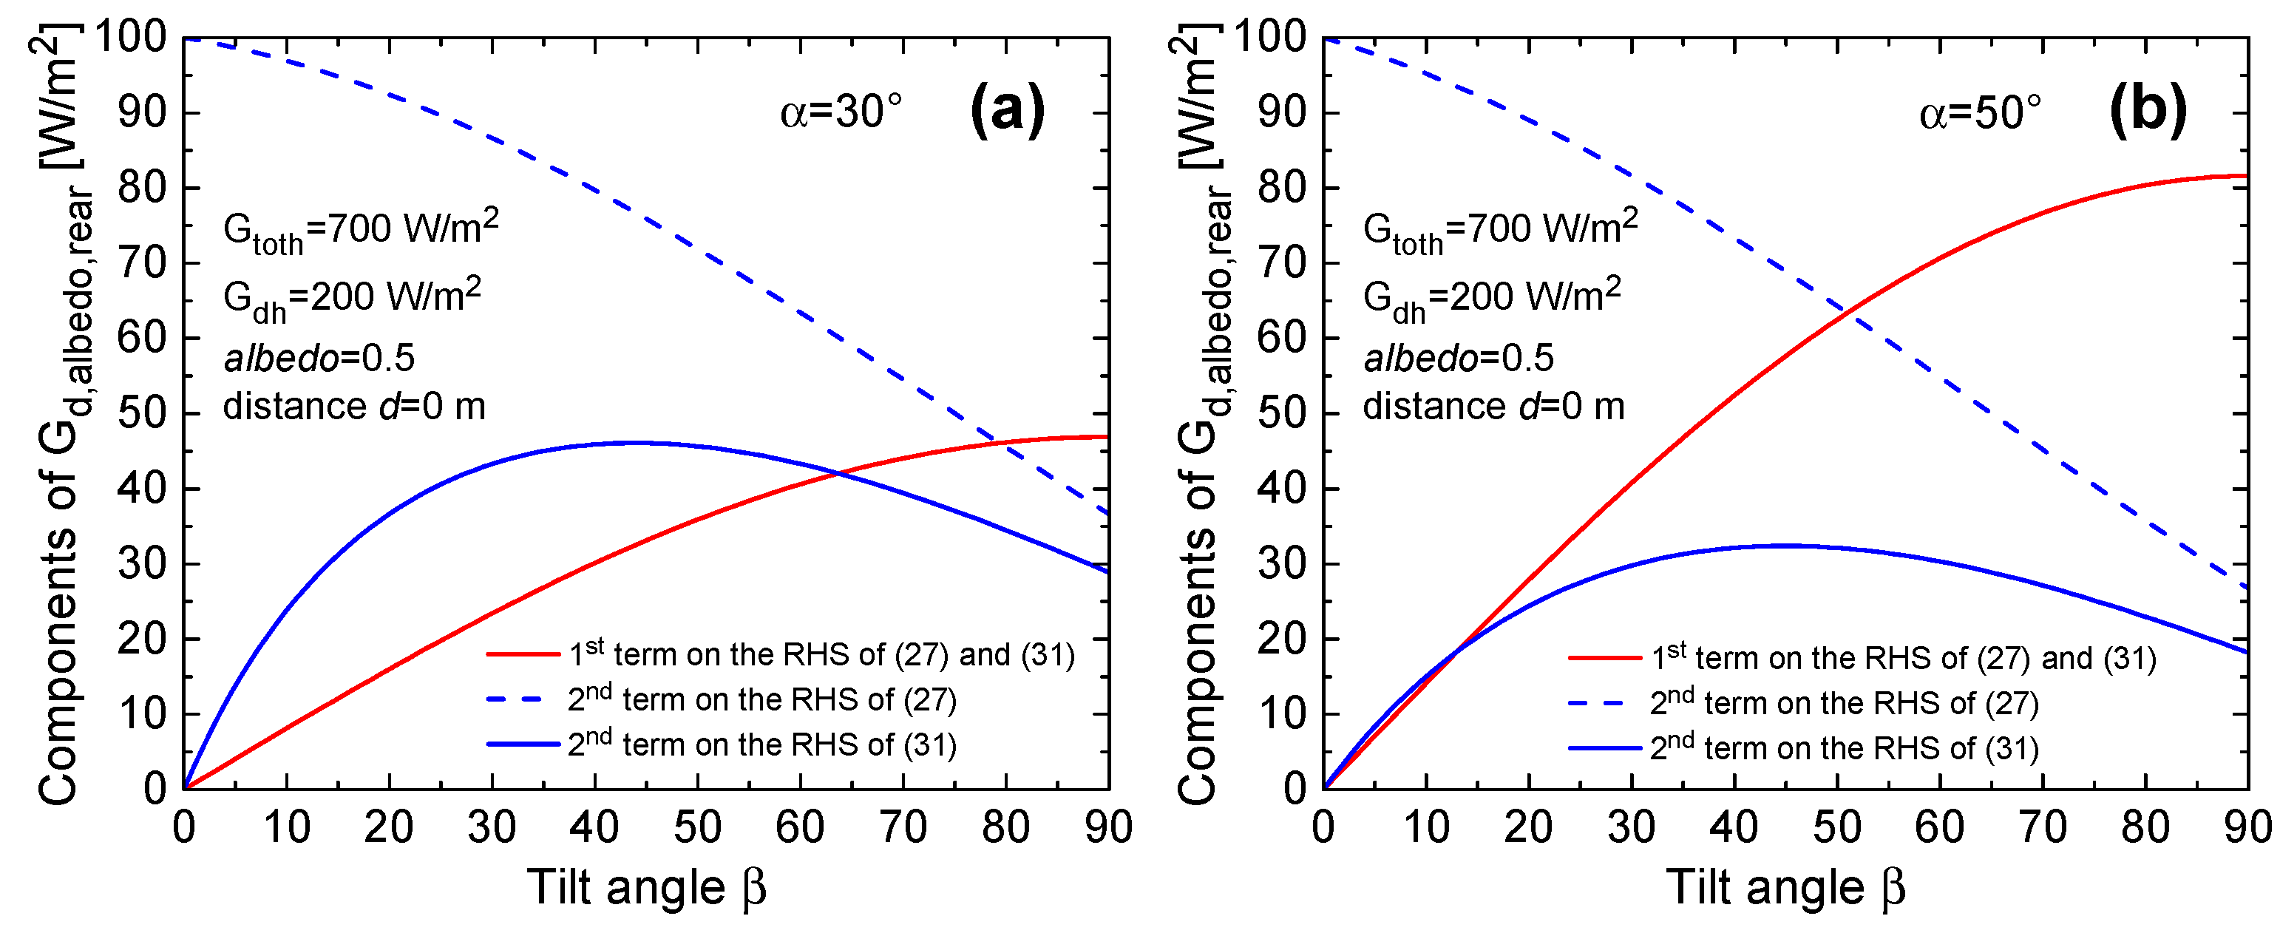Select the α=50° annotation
click(x=1980, y=113)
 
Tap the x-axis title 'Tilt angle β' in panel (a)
click(x=646, y=887)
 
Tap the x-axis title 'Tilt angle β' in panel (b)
click(x=1785, y=887)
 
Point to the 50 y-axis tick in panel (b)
click(x=1280, y=413)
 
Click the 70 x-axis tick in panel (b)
click(x=2043, y=829)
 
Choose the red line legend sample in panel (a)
click(x=523, y=655)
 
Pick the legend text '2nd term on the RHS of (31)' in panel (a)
click(x=762, y=744)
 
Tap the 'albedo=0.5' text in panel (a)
click(x=319, y=359)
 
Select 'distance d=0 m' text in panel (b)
click(x=1493, y=407)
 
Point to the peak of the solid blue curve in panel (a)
click(x=636, y=443)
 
